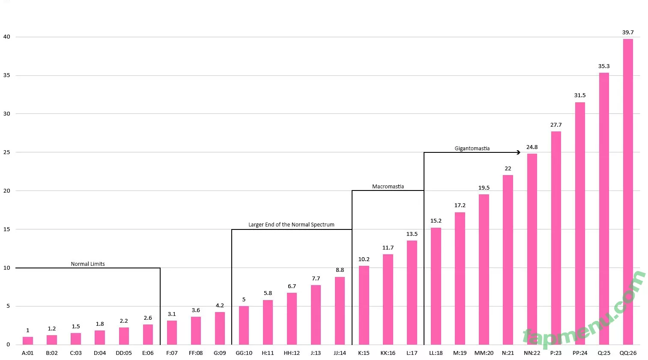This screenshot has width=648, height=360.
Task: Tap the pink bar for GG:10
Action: point(244,325)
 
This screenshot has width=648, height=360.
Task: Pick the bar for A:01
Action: point(28,341)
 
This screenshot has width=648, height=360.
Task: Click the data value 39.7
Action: point(628,33)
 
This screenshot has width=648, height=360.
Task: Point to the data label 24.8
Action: point(532,147)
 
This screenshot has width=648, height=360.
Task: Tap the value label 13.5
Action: point(412,234)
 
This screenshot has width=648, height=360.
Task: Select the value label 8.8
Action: point(340,270)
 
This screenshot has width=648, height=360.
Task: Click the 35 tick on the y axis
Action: point(6,75)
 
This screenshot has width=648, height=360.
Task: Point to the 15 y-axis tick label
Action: point(6,229)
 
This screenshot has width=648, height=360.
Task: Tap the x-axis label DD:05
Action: point(124,353)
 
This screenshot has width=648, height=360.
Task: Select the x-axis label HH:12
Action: point(292,353)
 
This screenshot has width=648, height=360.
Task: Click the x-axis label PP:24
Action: point(580,353)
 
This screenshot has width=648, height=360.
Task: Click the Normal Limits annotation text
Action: point(88,264)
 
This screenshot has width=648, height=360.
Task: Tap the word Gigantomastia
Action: point(472,149)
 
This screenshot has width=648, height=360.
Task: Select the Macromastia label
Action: point(388,187)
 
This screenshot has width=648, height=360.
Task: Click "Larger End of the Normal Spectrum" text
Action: point(291,225)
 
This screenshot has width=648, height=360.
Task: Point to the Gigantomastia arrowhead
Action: point(519,152)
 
